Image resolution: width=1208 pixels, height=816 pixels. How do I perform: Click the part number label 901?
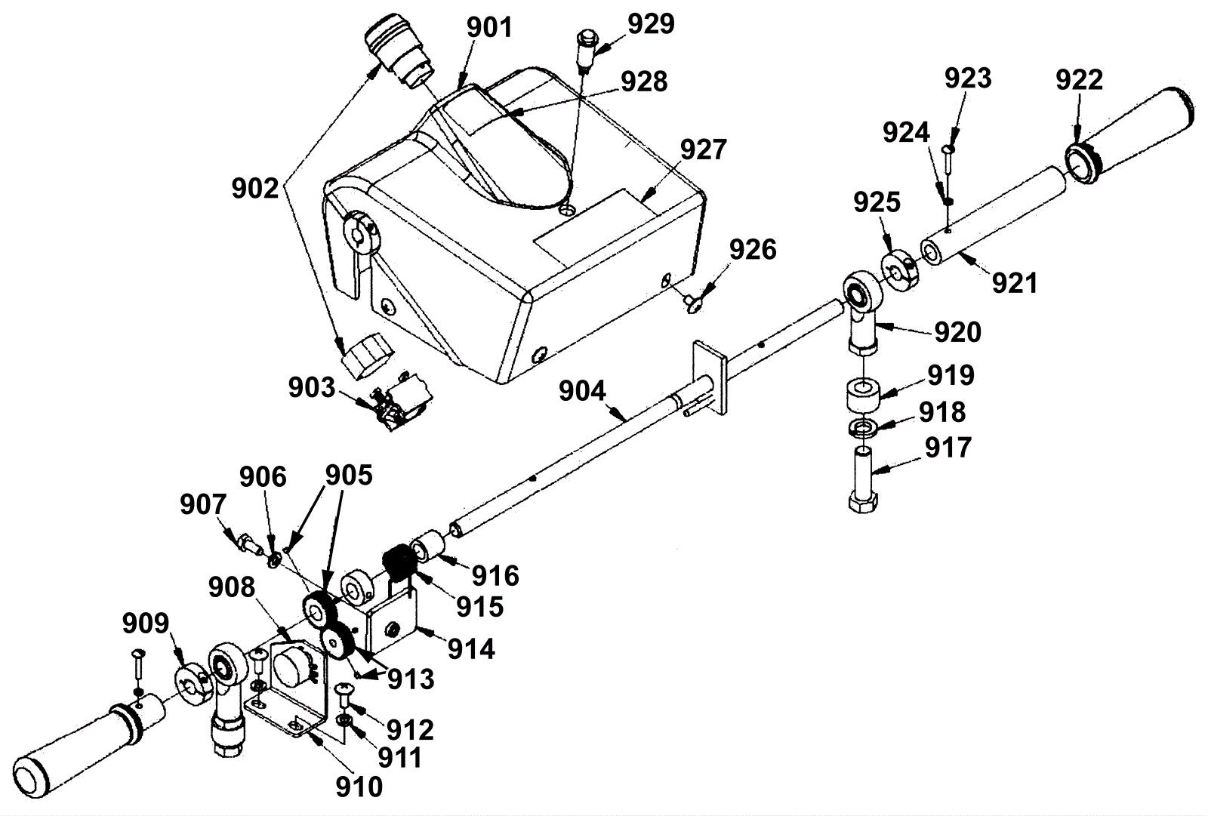tap(490, 28)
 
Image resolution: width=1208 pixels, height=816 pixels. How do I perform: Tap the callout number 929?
tap(652, 24)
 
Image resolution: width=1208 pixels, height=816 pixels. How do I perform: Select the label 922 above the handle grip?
tap(1079, 80)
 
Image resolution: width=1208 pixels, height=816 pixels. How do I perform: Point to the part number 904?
tap(582, 391)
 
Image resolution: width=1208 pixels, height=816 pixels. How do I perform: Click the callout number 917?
tap(948, 448)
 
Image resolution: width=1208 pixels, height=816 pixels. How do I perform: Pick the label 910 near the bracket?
tap(359, 788)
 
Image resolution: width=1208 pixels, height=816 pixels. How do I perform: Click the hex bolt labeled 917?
tap(863, 479)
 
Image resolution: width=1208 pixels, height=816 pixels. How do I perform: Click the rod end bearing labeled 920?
tap(864, 311)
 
